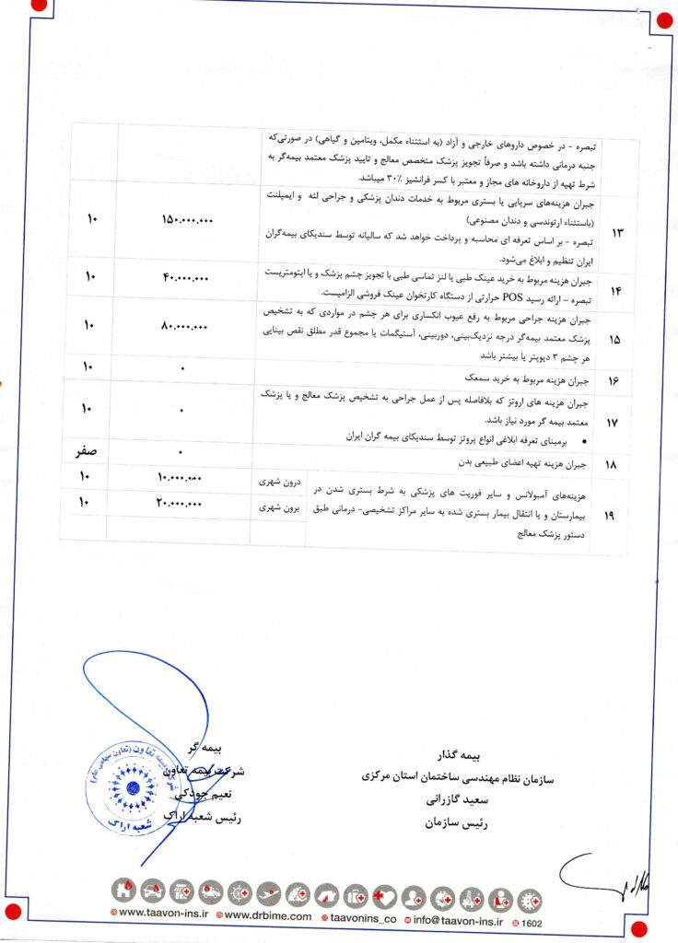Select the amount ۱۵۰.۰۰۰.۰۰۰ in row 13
coord(187,221)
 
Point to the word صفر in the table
coord(89,451)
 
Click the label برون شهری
coord(278,507)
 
